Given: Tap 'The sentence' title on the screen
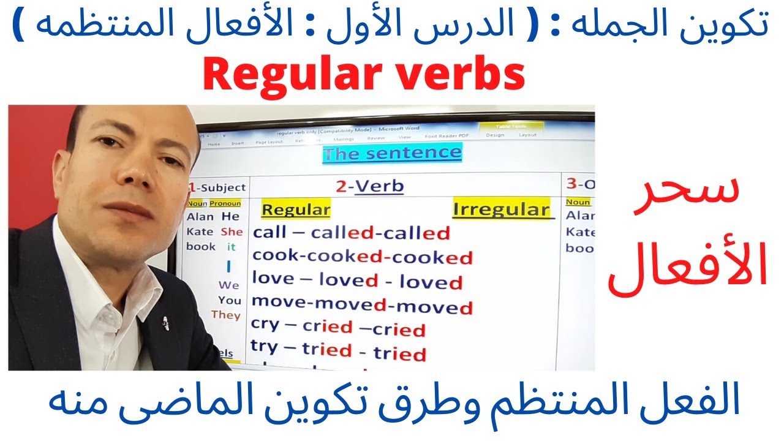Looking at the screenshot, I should point(392,153).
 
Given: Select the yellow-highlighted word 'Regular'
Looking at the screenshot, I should point(296,209).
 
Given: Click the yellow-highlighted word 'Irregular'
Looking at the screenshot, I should point(501,209).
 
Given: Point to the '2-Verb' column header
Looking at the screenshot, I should point(369,186).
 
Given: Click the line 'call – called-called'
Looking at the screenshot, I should point(351,233).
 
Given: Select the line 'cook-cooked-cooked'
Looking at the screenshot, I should point(362,257).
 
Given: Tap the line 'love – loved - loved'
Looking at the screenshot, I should point(357,281).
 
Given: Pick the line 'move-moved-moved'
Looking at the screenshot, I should point(362,304).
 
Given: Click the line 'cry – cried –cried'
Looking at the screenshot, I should point(338,328).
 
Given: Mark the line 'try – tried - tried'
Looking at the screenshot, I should point(338,351).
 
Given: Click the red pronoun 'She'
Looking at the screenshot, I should point(232,232).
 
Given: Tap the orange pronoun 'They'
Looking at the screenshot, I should point(226,315).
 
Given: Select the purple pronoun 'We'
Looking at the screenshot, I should point(228,285).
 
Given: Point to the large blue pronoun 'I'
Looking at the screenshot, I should point(228,266).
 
